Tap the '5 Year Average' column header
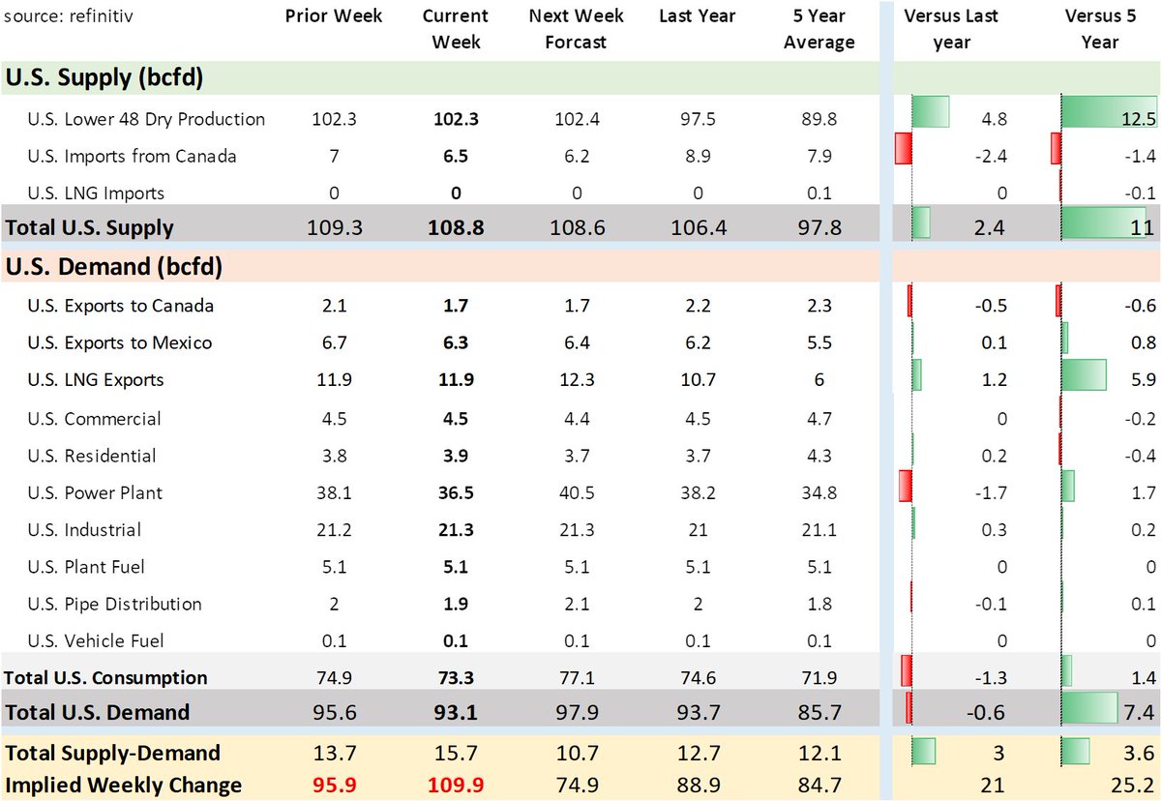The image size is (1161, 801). coord(819,29)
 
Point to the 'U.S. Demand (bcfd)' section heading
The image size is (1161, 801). coord(113,266)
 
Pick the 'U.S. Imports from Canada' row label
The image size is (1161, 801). coord(132,156)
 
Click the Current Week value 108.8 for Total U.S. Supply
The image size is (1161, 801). coord(455,228)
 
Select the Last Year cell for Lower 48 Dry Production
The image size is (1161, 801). coord(699,119)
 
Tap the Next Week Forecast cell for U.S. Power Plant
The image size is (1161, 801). coord(577,492)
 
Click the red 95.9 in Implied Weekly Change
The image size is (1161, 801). coord(334,785)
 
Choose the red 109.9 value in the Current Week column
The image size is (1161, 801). coord(455,785)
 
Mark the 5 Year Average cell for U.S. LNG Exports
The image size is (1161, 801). coord(819,380)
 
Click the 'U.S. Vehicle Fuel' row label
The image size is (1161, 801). coord(96,640)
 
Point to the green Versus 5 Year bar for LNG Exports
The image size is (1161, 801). coord(1084,375)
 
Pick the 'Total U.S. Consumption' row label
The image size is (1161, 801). coord(106,677)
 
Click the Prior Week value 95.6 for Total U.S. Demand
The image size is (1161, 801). coord(334,713)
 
